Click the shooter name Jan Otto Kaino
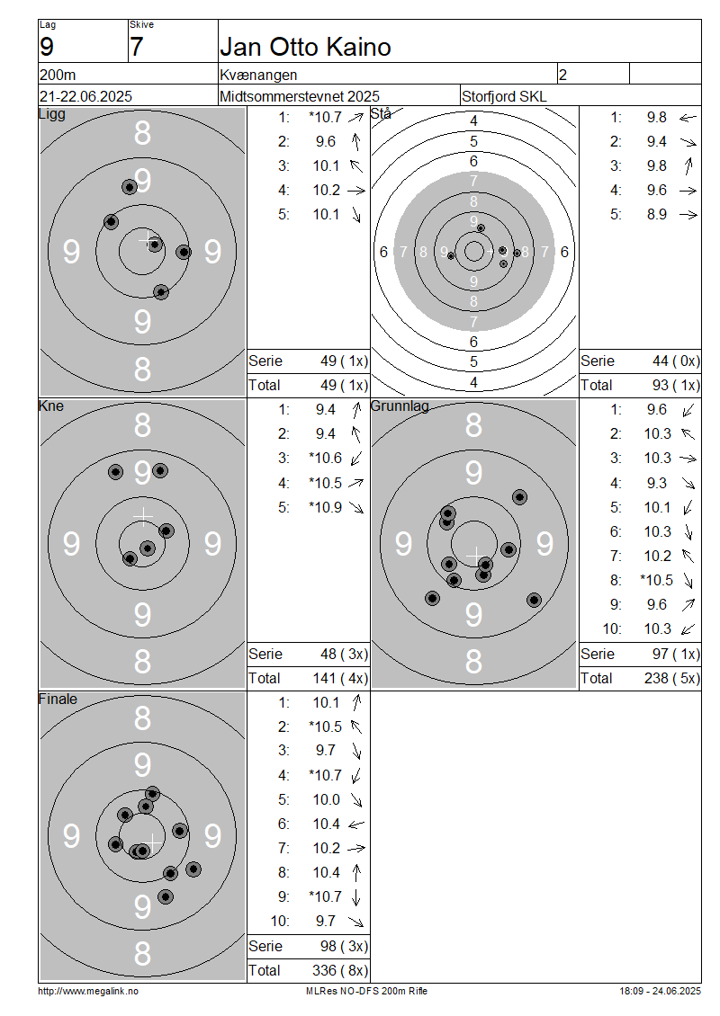point(305,48)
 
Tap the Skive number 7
point(136,48)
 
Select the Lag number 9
point(47,48)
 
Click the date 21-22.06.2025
point(85,96)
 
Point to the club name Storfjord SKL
point(504,96)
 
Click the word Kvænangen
point(258,76)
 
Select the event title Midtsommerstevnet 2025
point(300,96)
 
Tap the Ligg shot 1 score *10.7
point(325,117)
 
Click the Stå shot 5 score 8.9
point(656,215)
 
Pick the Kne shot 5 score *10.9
point(325,507)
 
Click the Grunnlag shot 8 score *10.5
point(656,580)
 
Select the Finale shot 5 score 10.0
point(327,799)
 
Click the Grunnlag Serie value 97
point(661,654)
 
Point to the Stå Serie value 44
point(661,361)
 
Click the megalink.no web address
point(88,991)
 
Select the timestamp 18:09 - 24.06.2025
point(660,991)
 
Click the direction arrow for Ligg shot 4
point(356,191)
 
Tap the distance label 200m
point(58,76)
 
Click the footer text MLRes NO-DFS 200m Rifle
point(366,991)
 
